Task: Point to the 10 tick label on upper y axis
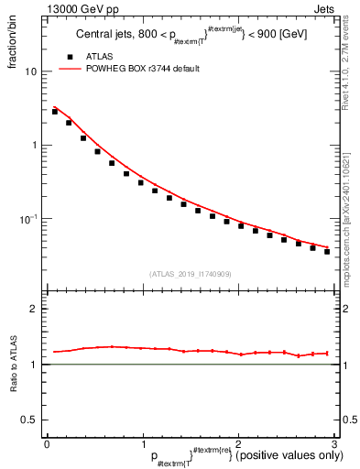pyautogui.click(x=31, y=71)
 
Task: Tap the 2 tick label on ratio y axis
pyautogui.click(x=35, y=309)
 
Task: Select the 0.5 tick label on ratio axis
pyautogui.click(x=30, y=420)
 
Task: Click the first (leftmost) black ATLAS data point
pyautogui.click(x=55, y=111)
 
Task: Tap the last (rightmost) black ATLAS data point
pyautogui.click(x=327, y=251)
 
